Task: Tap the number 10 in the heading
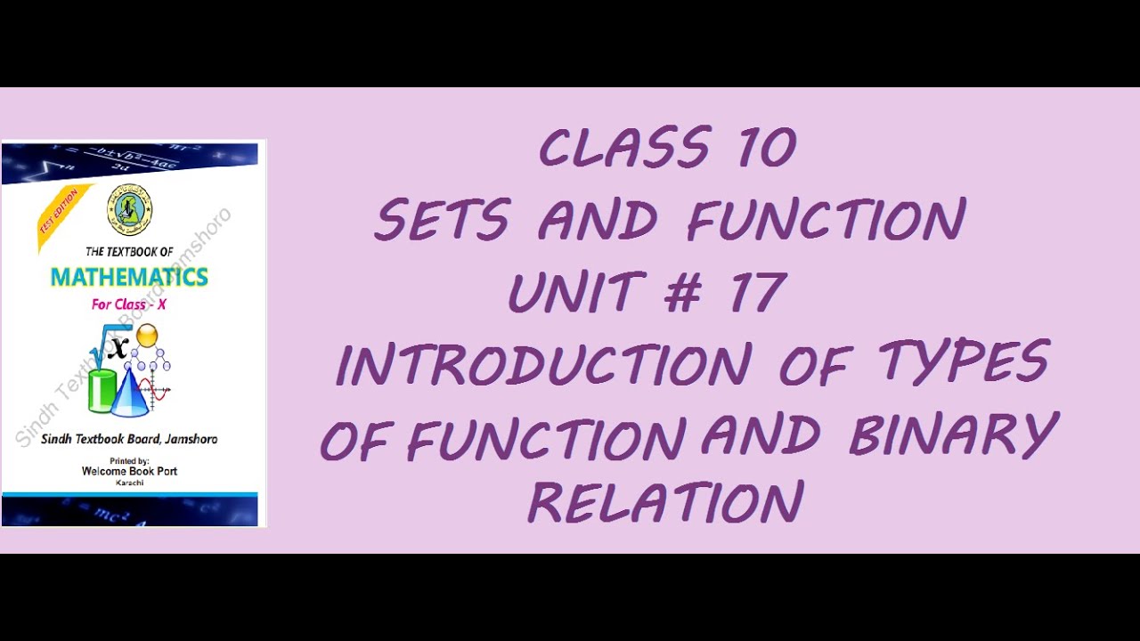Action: pyautogui.click(x=763, y=148)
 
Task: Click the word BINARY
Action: pyautogui.click(x=953, y=436)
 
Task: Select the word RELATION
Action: pyautogui.click(x=665, y=503)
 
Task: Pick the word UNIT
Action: pyautogui.click(x=576, y=292)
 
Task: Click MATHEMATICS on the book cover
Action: pyautogui.click(x=129, y=277)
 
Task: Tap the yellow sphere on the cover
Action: pyautogui.click(x=147, y=336)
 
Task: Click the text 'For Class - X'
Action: pyautogui.click(x=129, y=304)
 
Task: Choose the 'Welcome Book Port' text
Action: pyautogui.click(x=129, y=471)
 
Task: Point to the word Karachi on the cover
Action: pyautogui.click(x=129, y=483)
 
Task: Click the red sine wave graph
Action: pyautogui.click(x=158, y=391)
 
